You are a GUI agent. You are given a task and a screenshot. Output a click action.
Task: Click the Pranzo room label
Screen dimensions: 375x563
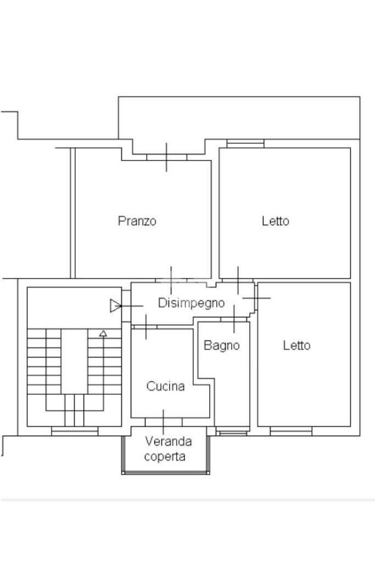click(137, 220)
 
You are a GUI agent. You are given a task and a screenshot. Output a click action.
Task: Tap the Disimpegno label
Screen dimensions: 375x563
click(191, 303)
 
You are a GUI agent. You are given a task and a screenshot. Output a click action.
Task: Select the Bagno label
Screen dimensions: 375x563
click(221, 345)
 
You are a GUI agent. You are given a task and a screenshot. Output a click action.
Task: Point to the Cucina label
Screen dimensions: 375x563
click(165, 386)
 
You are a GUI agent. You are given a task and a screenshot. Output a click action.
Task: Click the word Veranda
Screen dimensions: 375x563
click(169, 441)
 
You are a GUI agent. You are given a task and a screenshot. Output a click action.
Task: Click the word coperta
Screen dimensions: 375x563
click(165, 457)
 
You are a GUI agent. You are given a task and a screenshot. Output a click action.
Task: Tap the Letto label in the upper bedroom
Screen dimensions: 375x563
click(275, 220)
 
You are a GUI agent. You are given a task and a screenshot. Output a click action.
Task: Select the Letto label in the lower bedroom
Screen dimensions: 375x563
click(296, 345)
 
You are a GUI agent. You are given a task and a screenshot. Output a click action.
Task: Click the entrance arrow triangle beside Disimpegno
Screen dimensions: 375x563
click(115, 305)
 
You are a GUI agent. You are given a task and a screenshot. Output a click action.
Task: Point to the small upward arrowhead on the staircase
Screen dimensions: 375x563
click(103, 333)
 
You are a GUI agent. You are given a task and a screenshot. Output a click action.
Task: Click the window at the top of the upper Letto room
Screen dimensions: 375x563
click(245, 143)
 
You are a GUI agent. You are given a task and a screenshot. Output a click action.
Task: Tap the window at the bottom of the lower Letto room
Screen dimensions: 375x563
click(291, 431)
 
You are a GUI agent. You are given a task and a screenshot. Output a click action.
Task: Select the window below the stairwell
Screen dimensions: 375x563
click(75, 431)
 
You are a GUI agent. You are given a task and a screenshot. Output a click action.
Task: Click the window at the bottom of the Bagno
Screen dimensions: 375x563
click(233, 431)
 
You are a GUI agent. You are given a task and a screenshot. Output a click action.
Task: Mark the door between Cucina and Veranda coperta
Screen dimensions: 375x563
click(163, 422)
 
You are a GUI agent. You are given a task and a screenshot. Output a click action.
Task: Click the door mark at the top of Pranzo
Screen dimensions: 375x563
click(166, 157)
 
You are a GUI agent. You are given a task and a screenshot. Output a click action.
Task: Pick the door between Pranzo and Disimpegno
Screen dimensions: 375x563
click(171, 280)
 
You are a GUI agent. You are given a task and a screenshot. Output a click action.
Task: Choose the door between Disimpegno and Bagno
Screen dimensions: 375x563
click(234, 319)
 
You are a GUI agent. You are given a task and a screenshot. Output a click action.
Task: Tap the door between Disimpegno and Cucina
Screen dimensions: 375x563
click(145, 327)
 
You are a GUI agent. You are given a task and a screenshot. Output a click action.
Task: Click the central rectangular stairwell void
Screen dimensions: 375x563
click(74, 361)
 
